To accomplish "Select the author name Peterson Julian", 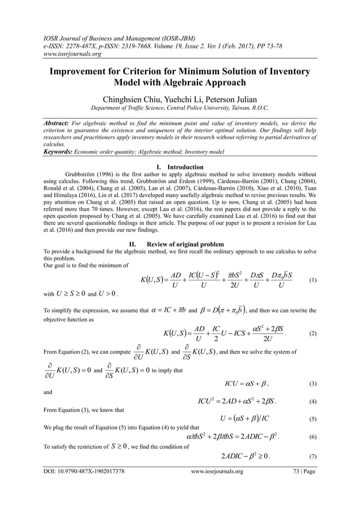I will (x=231, y=99).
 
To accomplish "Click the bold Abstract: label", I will (x=62, y=121).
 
